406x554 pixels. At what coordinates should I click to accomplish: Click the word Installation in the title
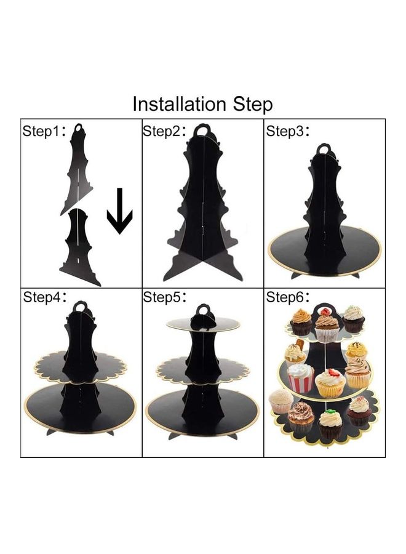pyautogui.click(x=179, y=104)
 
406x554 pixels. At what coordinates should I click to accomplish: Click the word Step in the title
pyautogui.click(x=253, y=105)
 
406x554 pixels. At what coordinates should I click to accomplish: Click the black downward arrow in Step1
pyautogui.click(x=120, y=211)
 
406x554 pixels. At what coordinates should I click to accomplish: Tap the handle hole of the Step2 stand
pyautogui.click(x=202, y=132)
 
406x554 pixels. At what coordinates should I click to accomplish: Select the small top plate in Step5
pyautogui.click(x=203, y=324)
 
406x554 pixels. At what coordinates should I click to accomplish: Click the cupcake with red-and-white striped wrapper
pyautogui.click(x=301, y=377)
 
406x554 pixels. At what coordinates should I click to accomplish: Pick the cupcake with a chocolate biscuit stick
pyautogui.click(x=296, y=353)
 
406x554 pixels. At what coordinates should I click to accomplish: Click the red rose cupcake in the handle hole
pyautogui.click(x=324, y=311)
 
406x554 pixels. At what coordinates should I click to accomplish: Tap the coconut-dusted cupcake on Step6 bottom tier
pyautogui.click(x=281, y=401)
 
